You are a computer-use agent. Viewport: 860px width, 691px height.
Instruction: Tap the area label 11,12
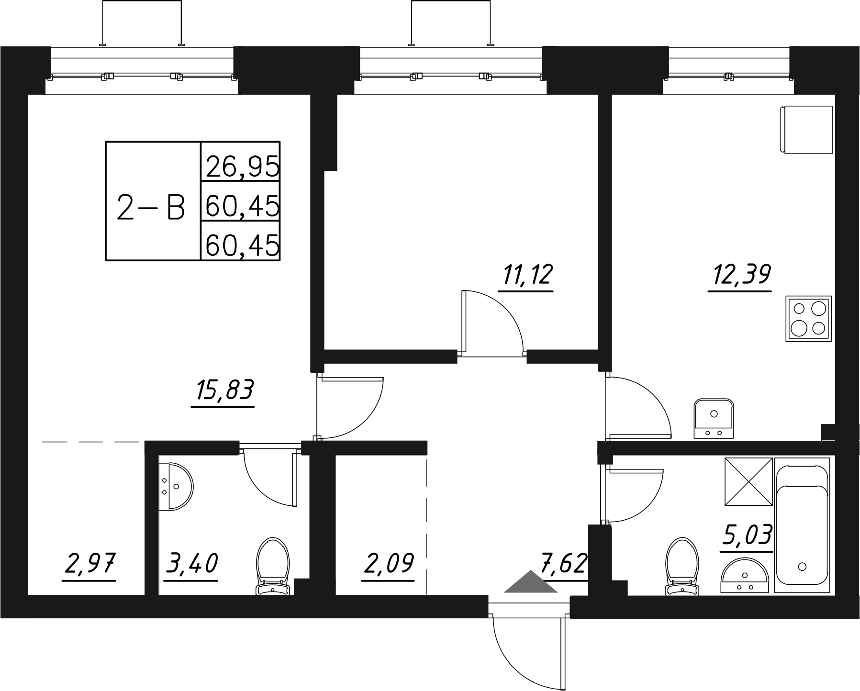tap(525, 276)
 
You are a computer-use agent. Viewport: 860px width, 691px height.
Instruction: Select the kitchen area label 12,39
tap(740, 276)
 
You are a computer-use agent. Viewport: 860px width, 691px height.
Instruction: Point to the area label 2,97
tap(89, 564)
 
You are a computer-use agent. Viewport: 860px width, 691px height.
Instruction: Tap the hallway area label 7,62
tap(564, 564)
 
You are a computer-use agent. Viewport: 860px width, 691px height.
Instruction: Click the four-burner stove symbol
tap(808, 318)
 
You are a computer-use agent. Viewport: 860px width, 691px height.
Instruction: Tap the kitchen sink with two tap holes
tap(714, 418)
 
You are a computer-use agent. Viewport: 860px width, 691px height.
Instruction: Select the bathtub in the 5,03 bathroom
tap(802, 525)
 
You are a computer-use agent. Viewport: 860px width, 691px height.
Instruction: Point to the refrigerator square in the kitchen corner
tap(807, 130)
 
